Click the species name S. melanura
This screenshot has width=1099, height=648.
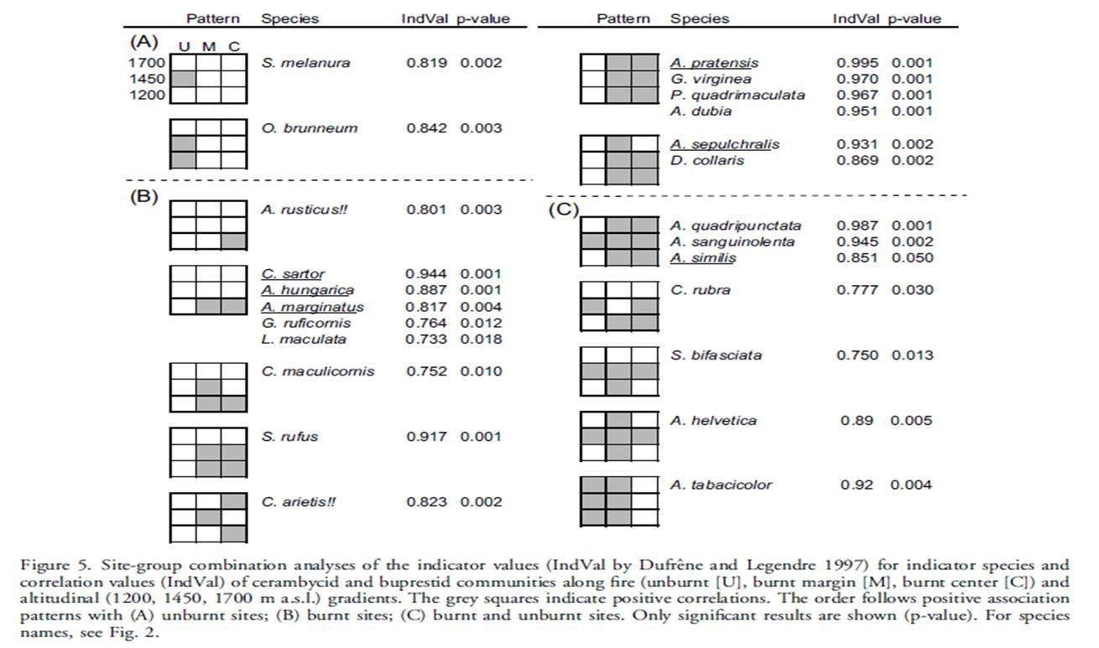pos(305,63)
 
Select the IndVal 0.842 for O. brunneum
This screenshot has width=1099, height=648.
pos(426,128)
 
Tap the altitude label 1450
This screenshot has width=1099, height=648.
pos(147,79)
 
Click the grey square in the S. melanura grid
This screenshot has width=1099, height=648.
pos(183,79)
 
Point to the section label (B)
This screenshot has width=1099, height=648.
pos(143,196)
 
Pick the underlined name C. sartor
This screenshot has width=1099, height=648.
pos(293,273)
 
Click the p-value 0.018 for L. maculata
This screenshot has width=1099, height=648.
pos(481,340)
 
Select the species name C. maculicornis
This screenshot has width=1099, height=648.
pos(317,371)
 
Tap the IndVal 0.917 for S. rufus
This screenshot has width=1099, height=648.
pos(426,436)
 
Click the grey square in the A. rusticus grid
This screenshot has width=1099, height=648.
pos(233,241)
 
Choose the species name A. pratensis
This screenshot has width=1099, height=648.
pos(714,63)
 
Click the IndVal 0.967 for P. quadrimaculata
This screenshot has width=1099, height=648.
pos(857,95)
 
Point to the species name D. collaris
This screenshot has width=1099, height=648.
pos(707,160)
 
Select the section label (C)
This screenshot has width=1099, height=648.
pos(563,210)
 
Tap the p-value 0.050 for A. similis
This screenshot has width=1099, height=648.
pos(912,258)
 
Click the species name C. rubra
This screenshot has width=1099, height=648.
pos(701,290)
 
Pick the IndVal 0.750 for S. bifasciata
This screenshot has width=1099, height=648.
pos(857,355)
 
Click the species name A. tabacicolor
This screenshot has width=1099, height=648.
pos(721,485)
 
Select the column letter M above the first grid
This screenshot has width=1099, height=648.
pos(209,47)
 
